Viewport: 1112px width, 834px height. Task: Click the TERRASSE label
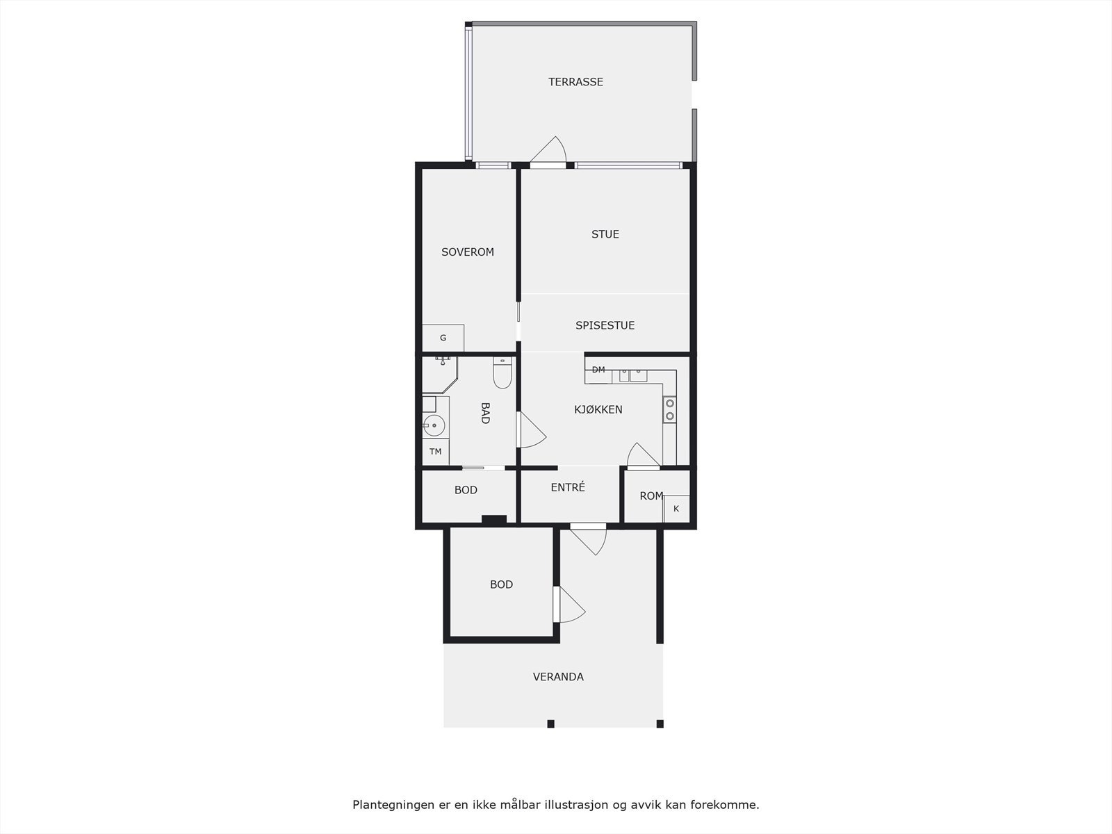575,82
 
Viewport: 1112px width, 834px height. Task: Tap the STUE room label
605,234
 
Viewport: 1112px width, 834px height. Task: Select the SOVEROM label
467,252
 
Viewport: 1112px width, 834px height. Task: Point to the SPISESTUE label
605,325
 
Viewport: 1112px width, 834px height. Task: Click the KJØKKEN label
598,410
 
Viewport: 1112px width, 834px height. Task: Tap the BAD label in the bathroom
485,413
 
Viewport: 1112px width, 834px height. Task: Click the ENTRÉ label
567,488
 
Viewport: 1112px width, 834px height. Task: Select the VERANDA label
557,677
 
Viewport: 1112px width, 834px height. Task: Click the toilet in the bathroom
502,374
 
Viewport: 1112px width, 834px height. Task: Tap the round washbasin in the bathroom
434,425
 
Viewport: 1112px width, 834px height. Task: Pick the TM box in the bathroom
436,452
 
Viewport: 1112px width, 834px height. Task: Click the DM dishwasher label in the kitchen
598,370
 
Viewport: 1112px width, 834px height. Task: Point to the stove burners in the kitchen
669,409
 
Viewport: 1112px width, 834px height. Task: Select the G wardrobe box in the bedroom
443,338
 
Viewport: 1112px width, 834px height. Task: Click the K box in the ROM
676,509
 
